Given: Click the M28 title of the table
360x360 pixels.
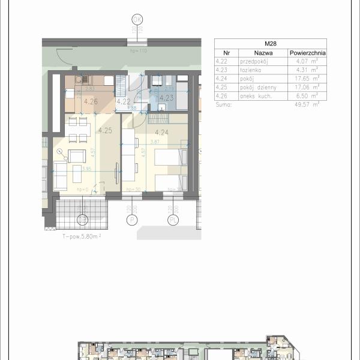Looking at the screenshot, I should click(x=270, y=44).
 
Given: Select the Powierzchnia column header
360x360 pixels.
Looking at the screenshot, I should click(x=307, y=52).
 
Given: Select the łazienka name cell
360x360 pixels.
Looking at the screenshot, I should click(x=251, y=69).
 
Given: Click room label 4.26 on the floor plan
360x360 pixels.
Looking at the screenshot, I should click(x=91, y=101).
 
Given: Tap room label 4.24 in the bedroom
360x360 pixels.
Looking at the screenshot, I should click(x=161, y=133).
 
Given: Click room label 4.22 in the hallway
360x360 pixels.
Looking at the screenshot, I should click(x=124, y=101).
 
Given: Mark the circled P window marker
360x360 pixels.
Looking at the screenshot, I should click(x=130, y=220).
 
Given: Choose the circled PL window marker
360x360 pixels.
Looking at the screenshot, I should click(x=173, y=220).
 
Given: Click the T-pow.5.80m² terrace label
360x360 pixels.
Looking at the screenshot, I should click(x=82, y=236).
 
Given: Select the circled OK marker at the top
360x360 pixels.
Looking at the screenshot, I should click(x=138, y=19).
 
